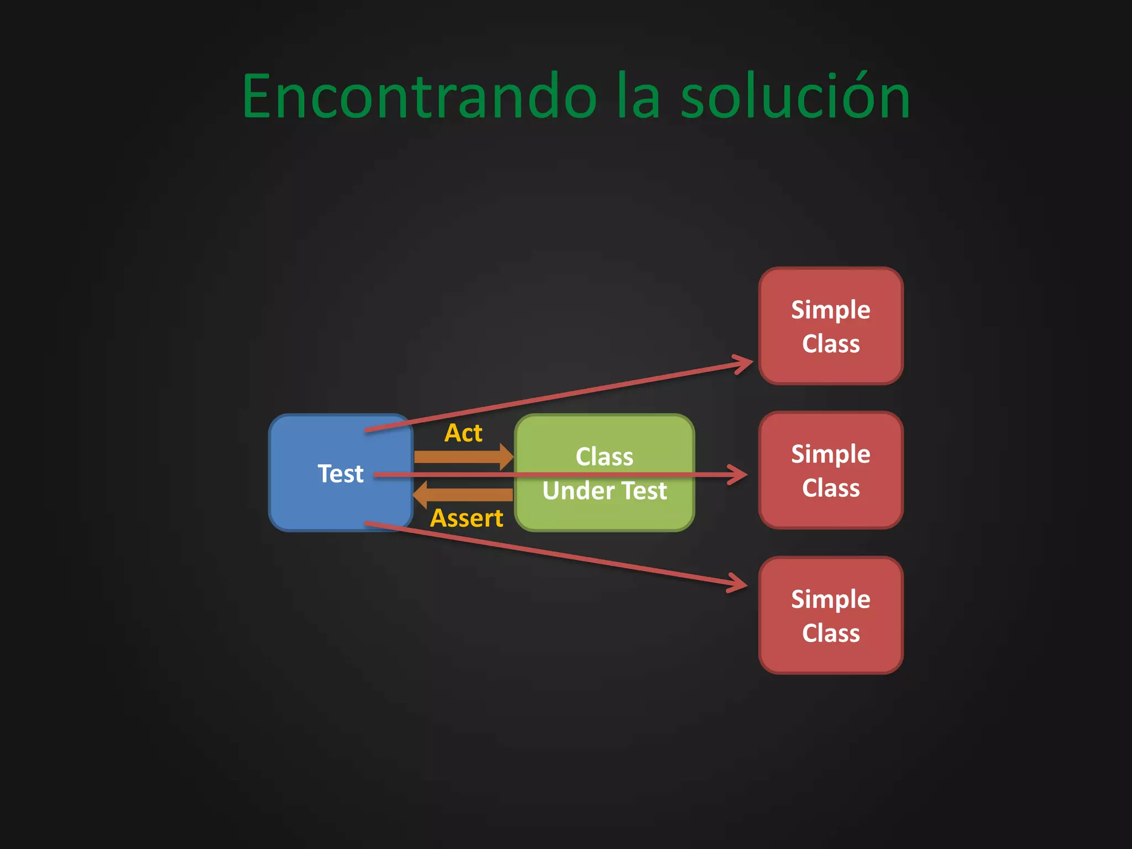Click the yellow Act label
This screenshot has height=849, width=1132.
(x=463, y=433)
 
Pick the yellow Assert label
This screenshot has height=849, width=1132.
(x=467, y=518)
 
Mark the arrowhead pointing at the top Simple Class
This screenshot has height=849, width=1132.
(x=744, y=364)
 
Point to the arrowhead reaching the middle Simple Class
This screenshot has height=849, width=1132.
(x=740, y=474)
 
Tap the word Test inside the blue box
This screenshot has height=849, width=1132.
(x=340, y=474)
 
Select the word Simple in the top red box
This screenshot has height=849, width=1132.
(x=830, y=310)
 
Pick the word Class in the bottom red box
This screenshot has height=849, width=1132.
(x=831, y=633)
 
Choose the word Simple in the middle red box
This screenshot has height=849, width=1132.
(x=830, y=454)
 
